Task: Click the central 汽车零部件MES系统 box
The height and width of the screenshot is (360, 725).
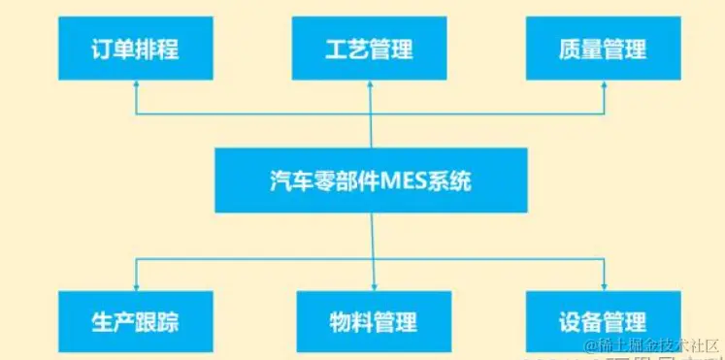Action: coord(371,180)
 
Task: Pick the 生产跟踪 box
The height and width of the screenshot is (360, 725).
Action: coord(135,321)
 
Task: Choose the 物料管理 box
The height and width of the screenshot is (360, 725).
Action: coord(371,321)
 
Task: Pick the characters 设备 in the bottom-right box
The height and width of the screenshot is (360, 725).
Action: coord(578,321)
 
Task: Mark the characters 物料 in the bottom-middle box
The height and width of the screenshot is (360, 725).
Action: coord(347,321)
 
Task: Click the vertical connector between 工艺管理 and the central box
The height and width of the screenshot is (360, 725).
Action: coord(371,116)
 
